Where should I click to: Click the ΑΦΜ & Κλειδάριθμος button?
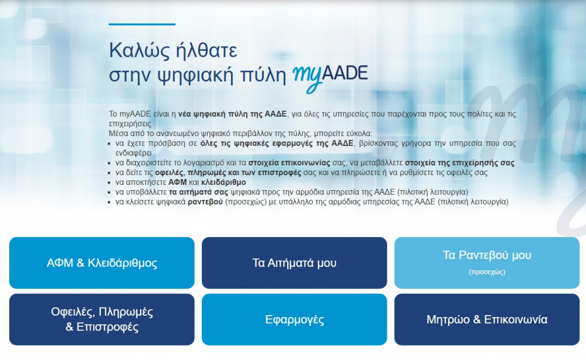point(102,263)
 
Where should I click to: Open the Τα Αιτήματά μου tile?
point(294,263)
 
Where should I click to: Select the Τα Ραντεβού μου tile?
point(486,256)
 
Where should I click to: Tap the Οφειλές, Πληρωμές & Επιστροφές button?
point(102,319)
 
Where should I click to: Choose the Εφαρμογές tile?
point(294,320)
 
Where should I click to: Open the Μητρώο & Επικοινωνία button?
point(486,320)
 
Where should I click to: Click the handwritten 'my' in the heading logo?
point(305,74)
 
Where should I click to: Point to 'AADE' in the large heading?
point(344,72)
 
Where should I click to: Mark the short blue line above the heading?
point(142,24)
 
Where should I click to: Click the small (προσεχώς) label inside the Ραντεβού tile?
point(486,272)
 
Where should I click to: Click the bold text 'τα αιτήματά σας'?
point(197,192)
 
